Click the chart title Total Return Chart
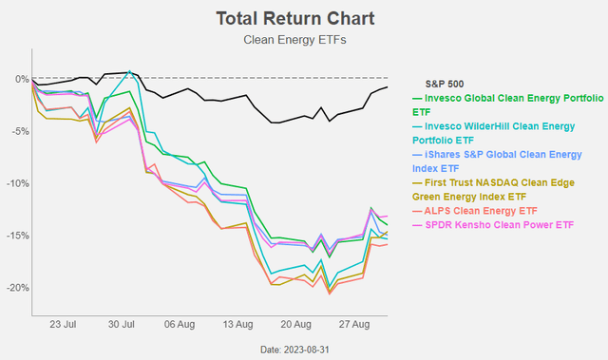(x=281, y=18)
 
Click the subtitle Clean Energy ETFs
(x=281, y=40)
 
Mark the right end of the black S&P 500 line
(x=387, y=87)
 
